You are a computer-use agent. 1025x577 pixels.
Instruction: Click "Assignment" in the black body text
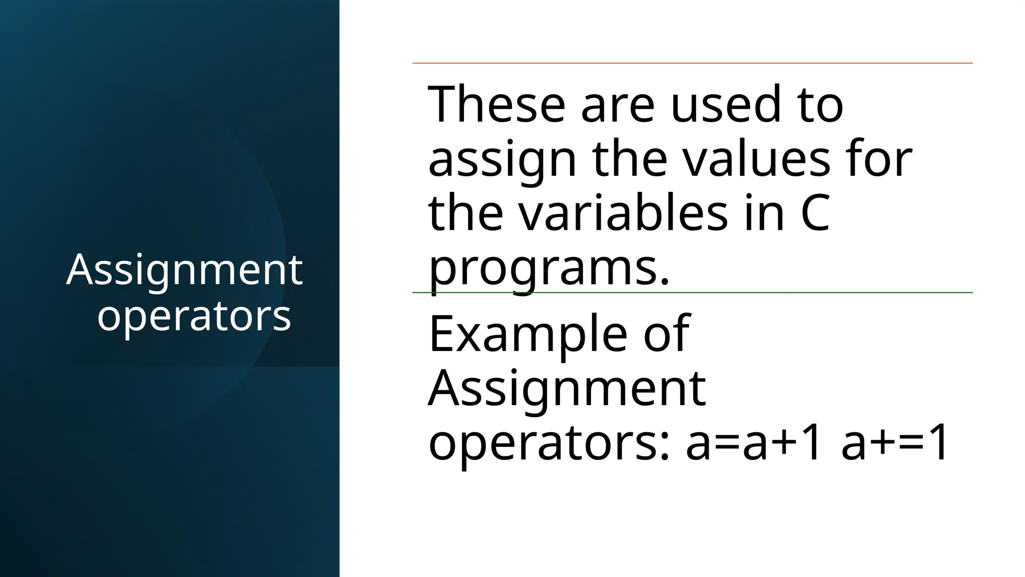pyautogui.click(x=567, y=389)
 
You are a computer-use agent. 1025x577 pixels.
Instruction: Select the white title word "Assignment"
pyautogui.click(x=184, y=270)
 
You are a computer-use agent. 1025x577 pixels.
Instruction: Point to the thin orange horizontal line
pyautogui.click(x=692, y=63)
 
